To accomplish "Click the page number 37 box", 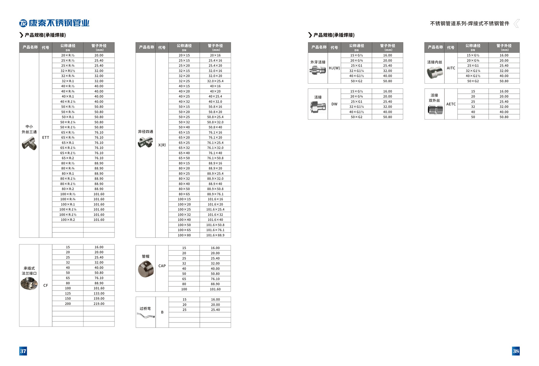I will tap(23, 351).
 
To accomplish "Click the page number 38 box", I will tap(516, 351).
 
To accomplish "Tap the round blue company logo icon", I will tap(23, 23).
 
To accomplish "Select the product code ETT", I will tap(45, 138).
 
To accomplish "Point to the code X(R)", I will tap(162, 145).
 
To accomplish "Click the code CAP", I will tap(162, 266).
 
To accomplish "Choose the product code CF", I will tap(45, 285).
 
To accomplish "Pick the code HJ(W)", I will tap(334, 68).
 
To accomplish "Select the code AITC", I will tap(451, 68).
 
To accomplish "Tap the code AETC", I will tap(451, 104).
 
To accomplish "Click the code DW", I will tap(334, 104).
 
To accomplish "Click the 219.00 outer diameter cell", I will tap(99, 304).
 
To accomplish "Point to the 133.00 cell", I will tap(99, 294).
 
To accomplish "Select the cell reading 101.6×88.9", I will tap(215, 235).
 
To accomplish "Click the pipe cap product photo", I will tap(146, 269).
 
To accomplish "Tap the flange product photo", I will tap(29, 284).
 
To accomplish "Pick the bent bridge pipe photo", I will tap(146, 316).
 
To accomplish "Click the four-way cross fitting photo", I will tap(145, 143).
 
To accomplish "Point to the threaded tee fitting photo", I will tap(29, 144).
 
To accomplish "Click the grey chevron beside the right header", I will tap(516, 23).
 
